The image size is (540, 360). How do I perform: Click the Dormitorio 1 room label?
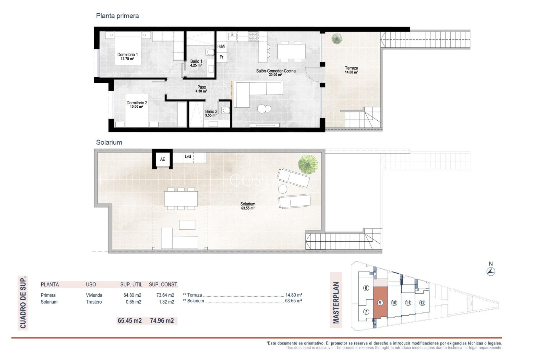(x=127, y=57)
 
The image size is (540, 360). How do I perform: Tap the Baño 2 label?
(x=211, y=113)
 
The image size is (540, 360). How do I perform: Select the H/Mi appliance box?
(x=221, y=46)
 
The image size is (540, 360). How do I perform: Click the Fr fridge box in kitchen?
(x=221, y=57)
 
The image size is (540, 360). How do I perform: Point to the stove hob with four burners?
(x=253, y=36)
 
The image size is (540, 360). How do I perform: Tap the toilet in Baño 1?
(x=210, y=52)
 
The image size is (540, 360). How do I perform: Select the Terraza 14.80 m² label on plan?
(x=351, y=70)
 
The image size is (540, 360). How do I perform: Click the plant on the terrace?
(x=337, y=39)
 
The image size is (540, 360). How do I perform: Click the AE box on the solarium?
(x=163, y=159)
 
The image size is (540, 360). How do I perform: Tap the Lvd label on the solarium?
(x=188, y=157)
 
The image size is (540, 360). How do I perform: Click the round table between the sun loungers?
(x=283, y=189)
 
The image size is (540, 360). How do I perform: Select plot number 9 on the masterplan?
(x=380, y=303)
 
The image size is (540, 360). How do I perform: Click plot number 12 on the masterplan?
(x=422, y=303)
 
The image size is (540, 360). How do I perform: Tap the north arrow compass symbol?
(x=491, y=271)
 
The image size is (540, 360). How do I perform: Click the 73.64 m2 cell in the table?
(x=165, y=295)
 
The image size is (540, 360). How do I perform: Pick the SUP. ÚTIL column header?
(x=131, y=285)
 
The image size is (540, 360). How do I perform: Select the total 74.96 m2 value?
(x=162, y=321)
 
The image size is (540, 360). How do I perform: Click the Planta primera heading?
(x=117, y=16)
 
